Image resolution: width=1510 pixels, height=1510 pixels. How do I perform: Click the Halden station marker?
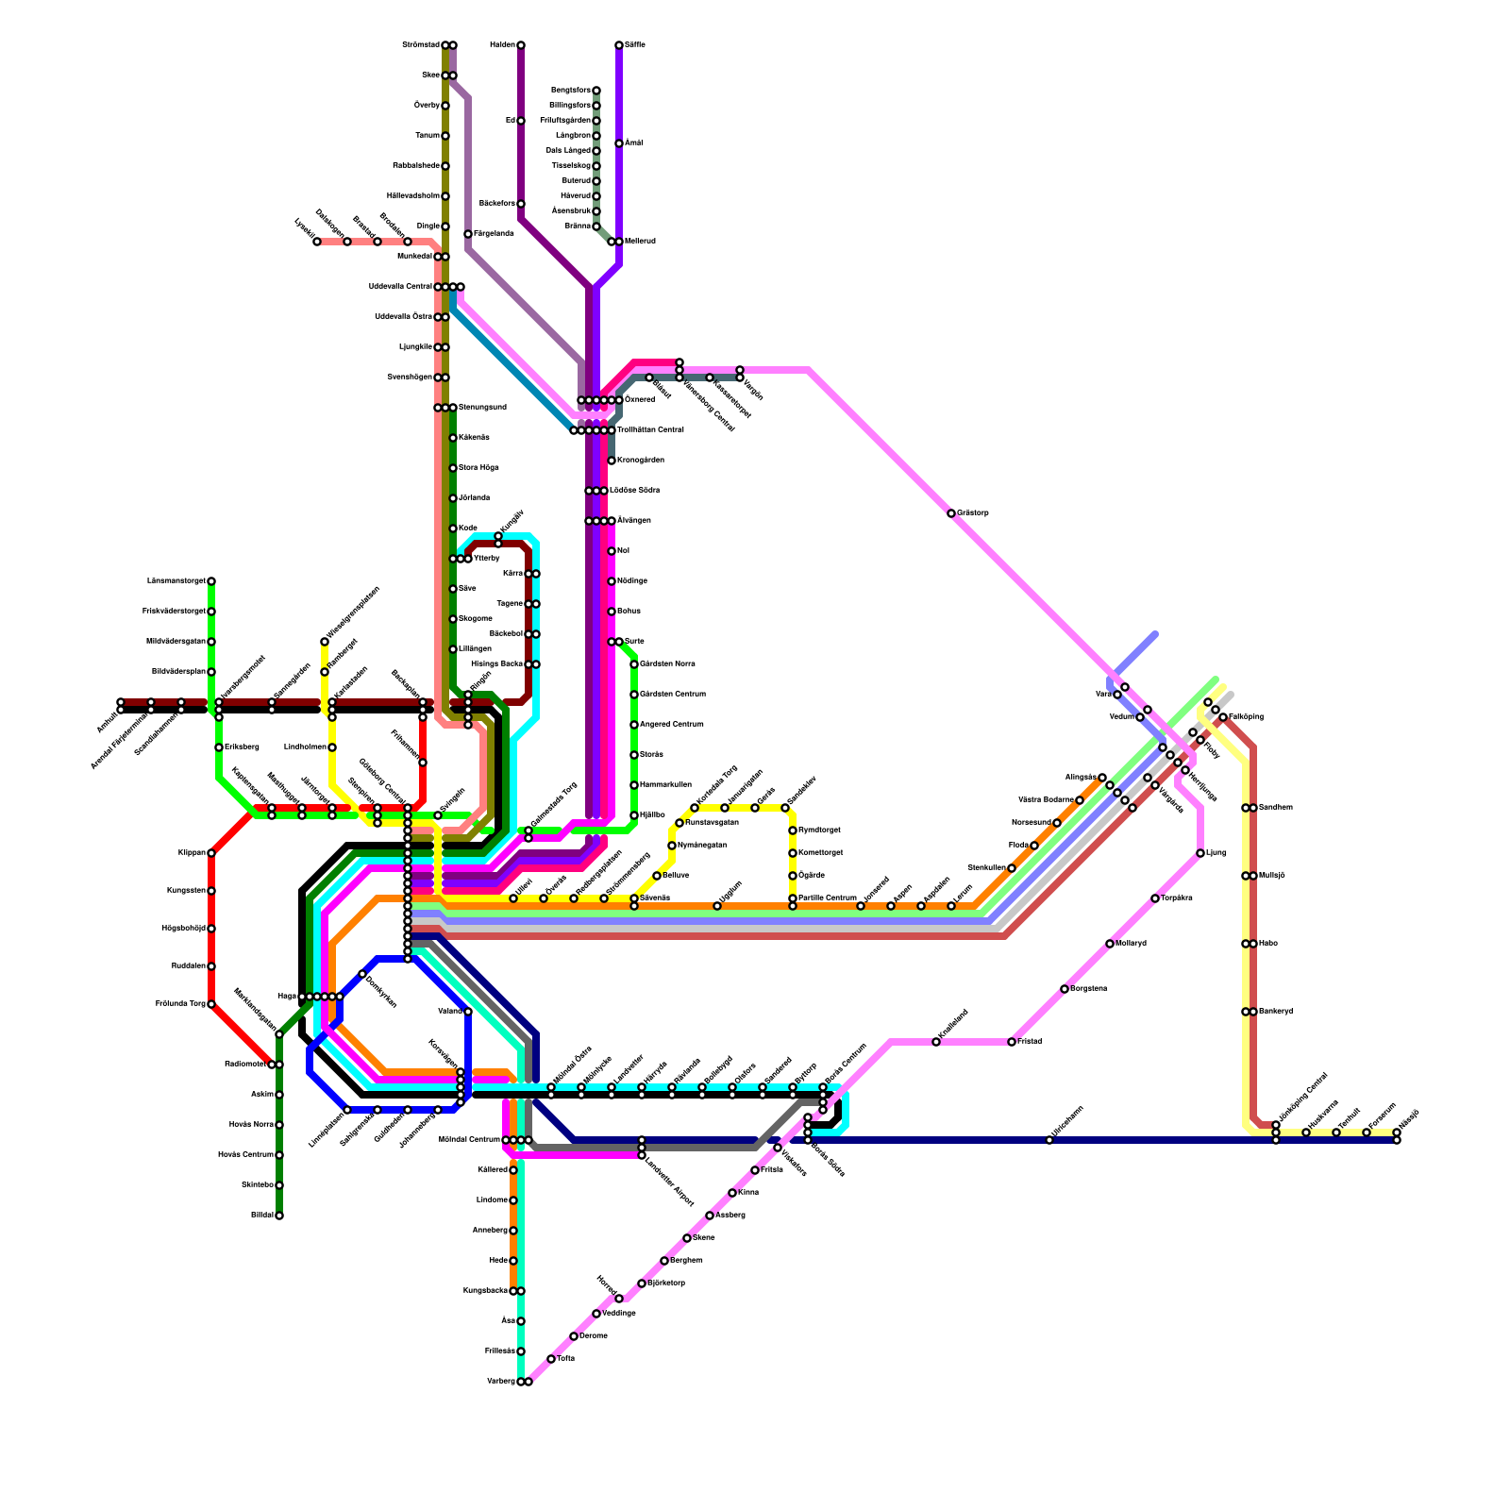pyautogui.click(x=521, y=45)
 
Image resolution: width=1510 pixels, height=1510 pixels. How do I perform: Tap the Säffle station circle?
pyautogui.click(x=619, y=45)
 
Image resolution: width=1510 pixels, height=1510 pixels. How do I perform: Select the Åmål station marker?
pyautogui.click(x=619, y=143)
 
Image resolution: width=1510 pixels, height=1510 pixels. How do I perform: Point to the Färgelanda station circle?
pyautogui.click(x=468, y=234)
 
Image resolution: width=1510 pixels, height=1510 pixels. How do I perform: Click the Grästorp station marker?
pyautogui.click(x=951, y=513)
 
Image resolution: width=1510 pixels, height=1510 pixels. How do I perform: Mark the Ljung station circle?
pyautogui.click(x=1200, y=853)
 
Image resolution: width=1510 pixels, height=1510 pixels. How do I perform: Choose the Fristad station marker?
pyautogui.click(x=1012, y=1042)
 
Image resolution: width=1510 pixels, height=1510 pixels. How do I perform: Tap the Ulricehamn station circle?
pyautogui.click(x=1049, y=1140)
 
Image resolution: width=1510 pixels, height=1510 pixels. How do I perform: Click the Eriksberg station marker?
pyautogui.click(x=219, y=747)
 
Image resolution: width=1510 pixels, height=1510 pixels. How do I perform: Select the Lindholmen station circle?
pyautogui.click(x=332, y=747)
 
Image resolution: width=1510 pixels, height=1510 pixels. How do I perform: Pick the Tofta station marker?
pyautogui.click(x=551, y=1359)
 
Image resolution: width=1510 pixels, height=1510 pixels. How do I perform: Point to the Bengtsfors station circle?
pyautogui.click(x=596, y=91)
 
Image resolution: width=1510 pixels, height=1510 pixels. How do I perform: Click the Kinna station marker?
pyautogui.click(x=732, y=1193)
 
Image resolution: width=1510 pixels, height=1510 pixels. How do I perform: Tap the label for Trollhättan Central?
pyautogui.click(x=650, y=430)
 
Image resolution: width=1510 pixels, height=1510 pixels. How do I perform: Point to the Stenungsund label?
pyautogui.click(x=482, y=408)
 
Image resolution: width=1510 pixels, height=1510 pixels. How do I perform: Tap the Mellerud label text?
pyautogui.click(x=640, y=242)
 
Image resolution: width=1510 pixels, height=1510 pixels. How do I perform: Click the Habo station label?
pyautogui.click(x=1268, y=944)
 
